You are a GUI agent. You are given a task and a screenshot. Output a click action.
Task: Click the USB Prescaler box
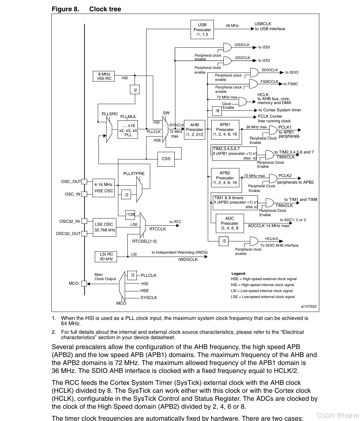pyautogui.click(x=202, y=30)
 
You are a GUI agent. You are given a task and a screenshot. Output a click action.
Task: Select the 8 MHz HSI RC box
pyautogui.click(x=104, y=76)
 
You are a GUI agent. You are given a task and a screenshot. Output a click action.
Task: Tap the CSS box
pyautogui.click(x=166, y=159)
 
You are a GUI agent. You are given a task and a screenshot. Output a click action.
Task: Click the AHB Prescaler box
pyautogui.click(x=194, y=130)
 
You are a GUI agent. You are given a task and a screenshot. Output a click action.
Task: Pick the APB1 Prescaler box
pyautogui.click(x=225, y=130)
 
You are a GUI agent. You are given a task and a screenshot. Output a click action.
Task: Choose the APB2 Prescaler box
pyautogui.click(x=225, y=178)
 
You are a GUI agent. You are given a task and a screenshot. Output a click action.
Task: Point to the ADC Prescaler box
pyautogui.click(x=229, y=223)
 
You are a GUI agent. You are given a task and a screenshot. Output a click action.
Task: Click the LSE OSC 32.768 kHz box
pyautogui.click(x=104, y=227)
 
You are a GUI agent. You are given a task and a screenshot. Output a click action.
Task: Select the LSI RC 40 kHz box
pyautogui.click(x=106, y=257)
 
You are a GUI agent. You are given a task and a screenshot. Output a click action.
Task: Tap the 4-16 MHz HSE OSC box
pyautogui.click(x=104, y=188)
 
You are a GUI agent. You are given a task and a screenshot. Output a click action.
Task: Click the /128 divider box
pyautogui.click(x=131, y=214)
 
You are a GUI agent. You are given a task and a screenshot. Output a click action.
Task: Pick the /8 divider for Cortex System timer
pyautogui.click(x=217, y=111)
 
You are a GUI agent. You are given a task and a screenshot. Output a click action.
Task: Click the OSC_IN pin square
pyautogui.click(x=85, y=194)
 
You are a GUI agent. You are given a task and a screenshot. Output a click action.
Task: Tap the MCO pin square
pyautogui.click(x=84, y=283)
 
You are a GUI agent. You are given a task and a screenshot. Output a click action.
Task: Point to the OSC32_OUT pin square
pyautogui.click(x=85, y=233)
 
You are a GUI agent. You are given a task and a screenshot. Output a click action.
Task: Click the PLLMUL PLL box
pyautogui.click(x=128, y=129)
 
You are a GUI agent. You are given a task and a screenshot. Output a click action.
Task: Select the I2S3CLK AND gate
pyautogui.click(x=227, y=47)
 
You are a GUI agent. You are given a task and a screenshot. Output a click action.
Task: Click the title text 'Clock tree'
pyautogui.click(x=105, y=9)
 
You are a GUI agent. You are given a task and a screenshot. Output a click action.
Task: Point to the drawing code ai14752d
pyautogui.click(x=308, y=306)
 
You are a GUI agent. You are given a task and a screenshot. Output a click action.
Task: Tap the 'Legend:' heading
pyautogui.click(x=239, y=273)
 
